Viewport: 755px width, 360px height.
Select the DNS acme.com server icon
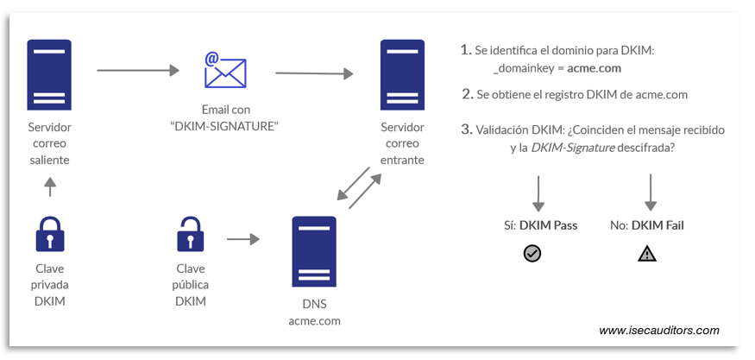pyautogui.click(x=313, y=251)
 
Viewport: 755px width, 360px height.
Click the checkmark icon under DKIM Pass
pyautogui.click(x=532, y=254)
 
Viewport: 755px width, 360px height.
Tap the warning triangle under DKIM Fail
pyautogui.click(x=646, y=254)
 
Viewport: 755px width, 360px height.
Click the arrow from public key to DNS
pyautogui.click(x=242, y=237)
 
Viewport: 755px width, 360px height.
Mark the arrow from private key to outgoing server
pyautogui.click(x=49, y=186)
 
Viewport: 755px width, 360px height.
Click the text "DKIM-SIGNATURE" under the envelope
pyautogui.click(x=225, y=126)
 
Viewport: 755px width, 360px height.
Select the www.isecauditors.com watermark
pyautogui.click(x=658, y=330)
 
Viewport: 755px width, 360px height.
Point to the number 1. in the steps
pyautogui.click(x=466, y=50)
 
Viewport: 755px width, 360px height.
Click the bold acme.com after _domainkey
pyautogui.click(x=594, y=68)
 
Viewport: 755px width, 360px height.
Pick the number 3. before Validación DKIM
pyautogui.click(x=467, y=129)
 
